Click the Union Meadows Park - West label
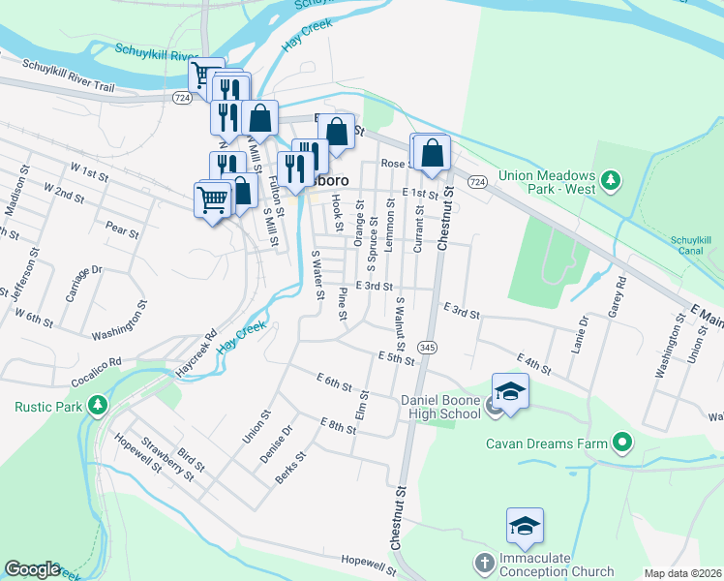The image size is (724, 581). tap(547, 183)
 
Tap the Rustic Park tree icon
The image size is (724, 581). tap(96, 405)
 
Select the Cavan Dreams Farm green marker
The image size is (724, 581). tap(622, 443)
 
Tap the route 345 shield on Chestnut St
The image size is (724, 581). tap(426, 347)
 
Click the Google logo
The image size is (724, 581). tap(32, 569)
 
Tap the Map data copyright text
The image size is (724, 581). tap(683, 573)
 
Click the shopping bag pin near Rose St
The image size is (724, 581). tap(434, 152)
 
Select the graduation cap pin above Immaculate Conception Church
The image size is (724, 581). tap(525, 526)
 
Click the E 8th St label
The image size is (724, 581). tap(339, 424)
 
